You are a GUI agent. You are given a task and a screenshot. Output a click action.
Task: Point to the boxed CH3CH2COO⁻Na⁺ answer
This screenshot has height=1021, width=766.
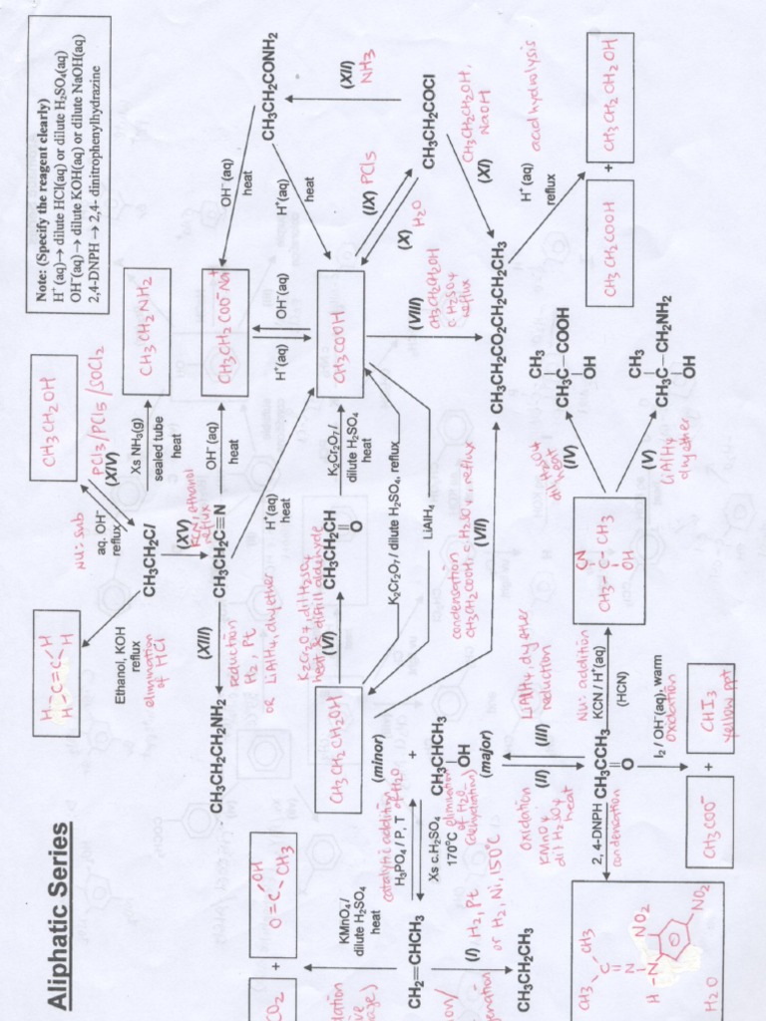coord(225,317)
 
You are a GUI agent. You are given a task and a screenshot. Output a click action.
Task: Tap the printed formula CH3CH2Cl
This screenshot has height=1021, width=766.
coord(148,557)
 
